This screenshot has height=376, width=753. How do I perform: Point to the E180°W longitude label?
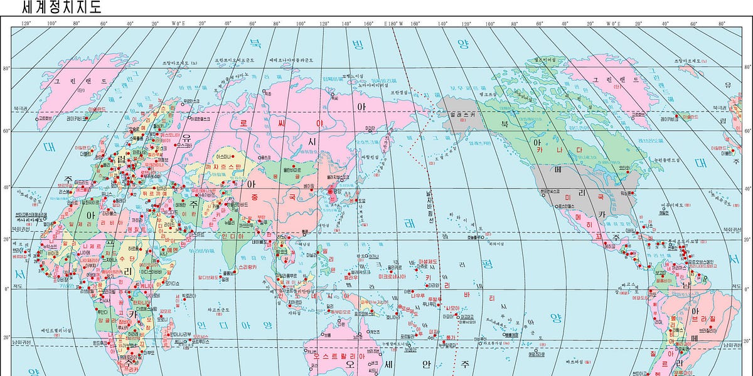coord(393,24)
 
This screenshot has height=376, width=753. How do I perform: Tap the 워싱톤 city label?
coord(628,194)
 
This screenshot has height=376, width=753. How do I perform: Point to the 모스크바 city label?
coord(184,145)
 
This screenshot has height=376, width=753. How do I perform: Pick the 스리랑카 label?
coord(248,266)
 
